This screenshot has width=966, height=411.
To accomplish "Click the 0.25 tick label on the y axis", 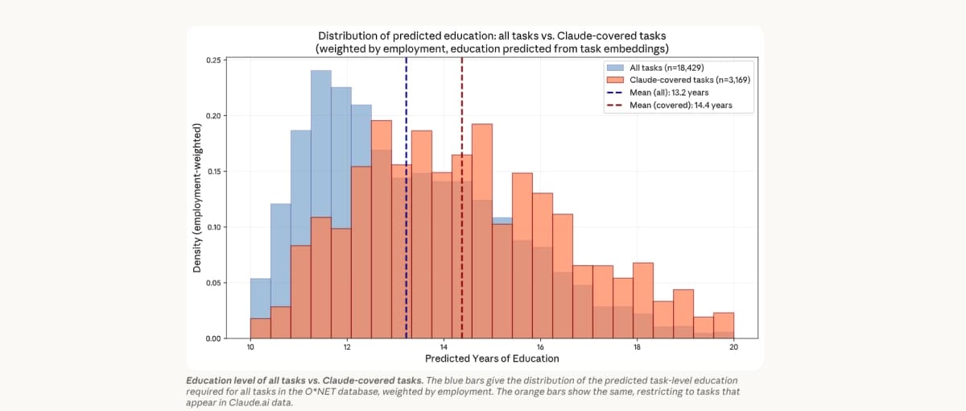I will (214, 60).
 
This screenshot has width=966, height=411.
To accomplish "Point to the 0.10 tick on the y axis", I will (214, 227).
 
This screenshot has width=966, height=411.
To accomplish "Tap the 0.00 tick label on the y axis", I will (214, 338).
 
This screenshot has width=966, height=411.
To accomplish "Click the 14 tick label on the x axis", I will (444, 347).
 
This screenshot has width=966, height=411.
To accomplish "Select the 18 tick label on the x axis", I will (637, 347).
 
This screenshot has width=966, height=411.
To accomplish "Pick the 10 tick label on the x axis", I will (250, 347).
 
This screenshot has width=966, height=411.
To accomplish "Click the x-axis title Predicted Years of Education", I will (492, 359).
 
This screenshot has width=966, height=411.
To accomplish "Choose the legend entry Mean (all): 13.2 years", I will (669, 93).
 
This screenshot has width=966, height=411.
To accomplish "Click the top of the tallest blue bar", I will (321, 72).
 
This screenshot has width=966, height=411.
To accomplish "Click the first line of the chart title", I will (492, 36).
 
